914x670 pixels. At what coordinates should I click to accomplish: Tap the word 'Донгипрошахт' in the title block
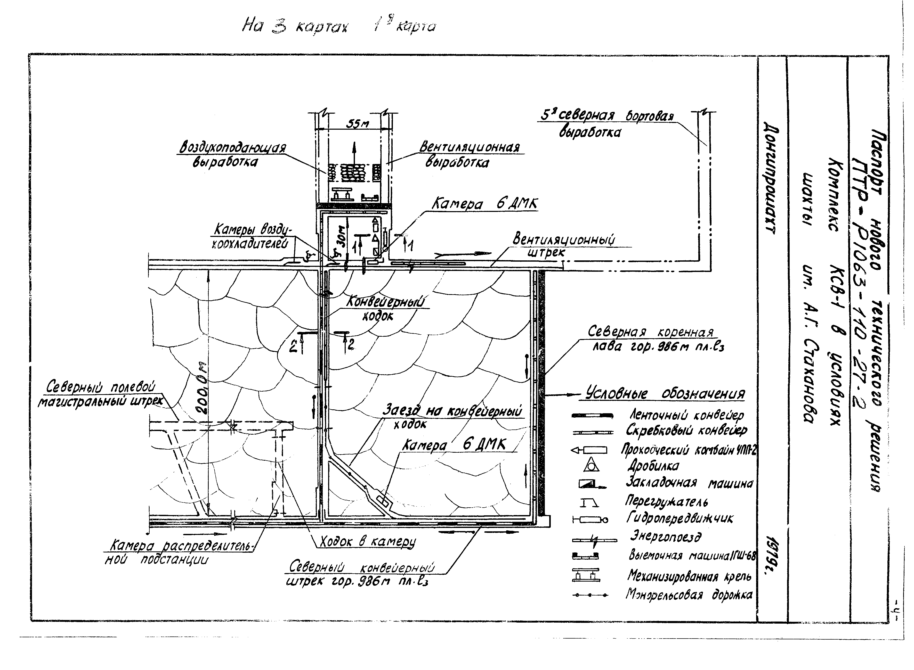(x=771, y=178)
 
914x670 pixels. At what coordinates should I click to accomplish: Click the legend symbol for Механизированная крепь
(x=586, y=575)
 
